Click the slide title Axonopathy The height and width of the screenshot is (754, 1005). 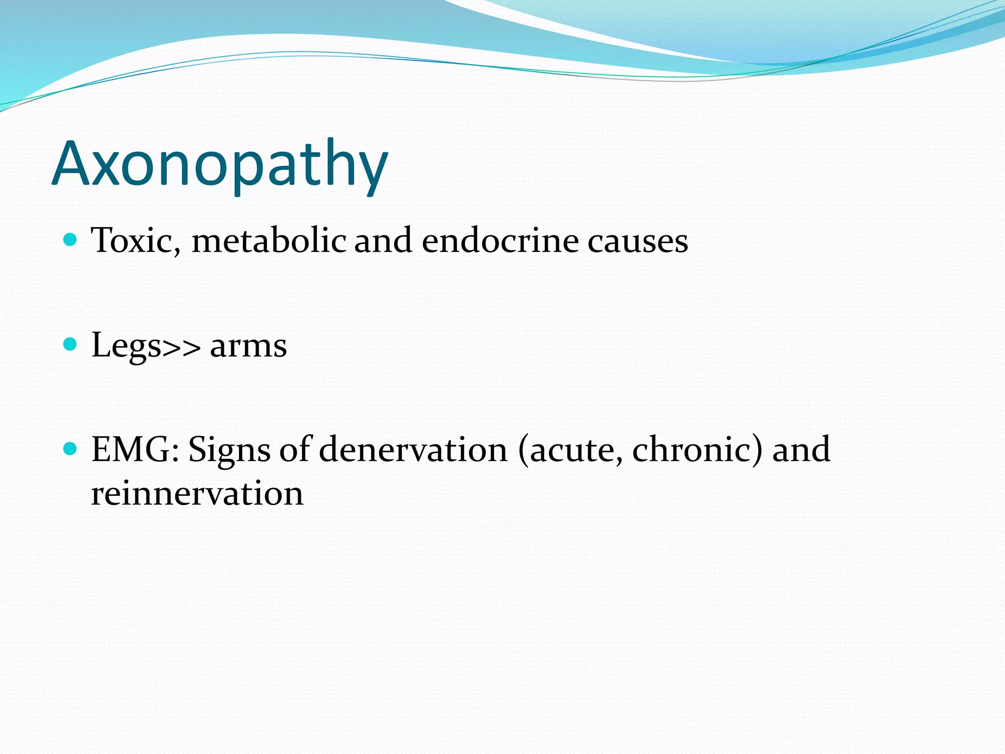coord(220,164)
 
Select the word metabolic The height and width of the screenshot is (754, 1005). coord(269,241)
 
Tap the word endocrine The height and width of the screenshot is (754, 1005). coord(500,241)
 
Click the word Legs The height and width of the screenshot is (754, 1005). coord(126,346)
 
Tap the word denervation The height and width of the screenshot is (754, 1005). coord(413,449)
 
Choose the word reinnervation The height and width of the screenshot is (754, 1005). coord(197,493)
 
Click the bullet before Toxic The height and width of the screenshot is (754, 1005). coord(71,240)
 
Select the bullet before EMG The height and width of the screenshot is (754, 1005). coord(71,449)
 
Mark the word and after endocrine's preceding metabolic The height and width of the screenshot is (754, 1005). coord(383,241)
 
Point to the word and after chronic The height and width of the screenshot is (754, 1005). coord(801,449)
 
